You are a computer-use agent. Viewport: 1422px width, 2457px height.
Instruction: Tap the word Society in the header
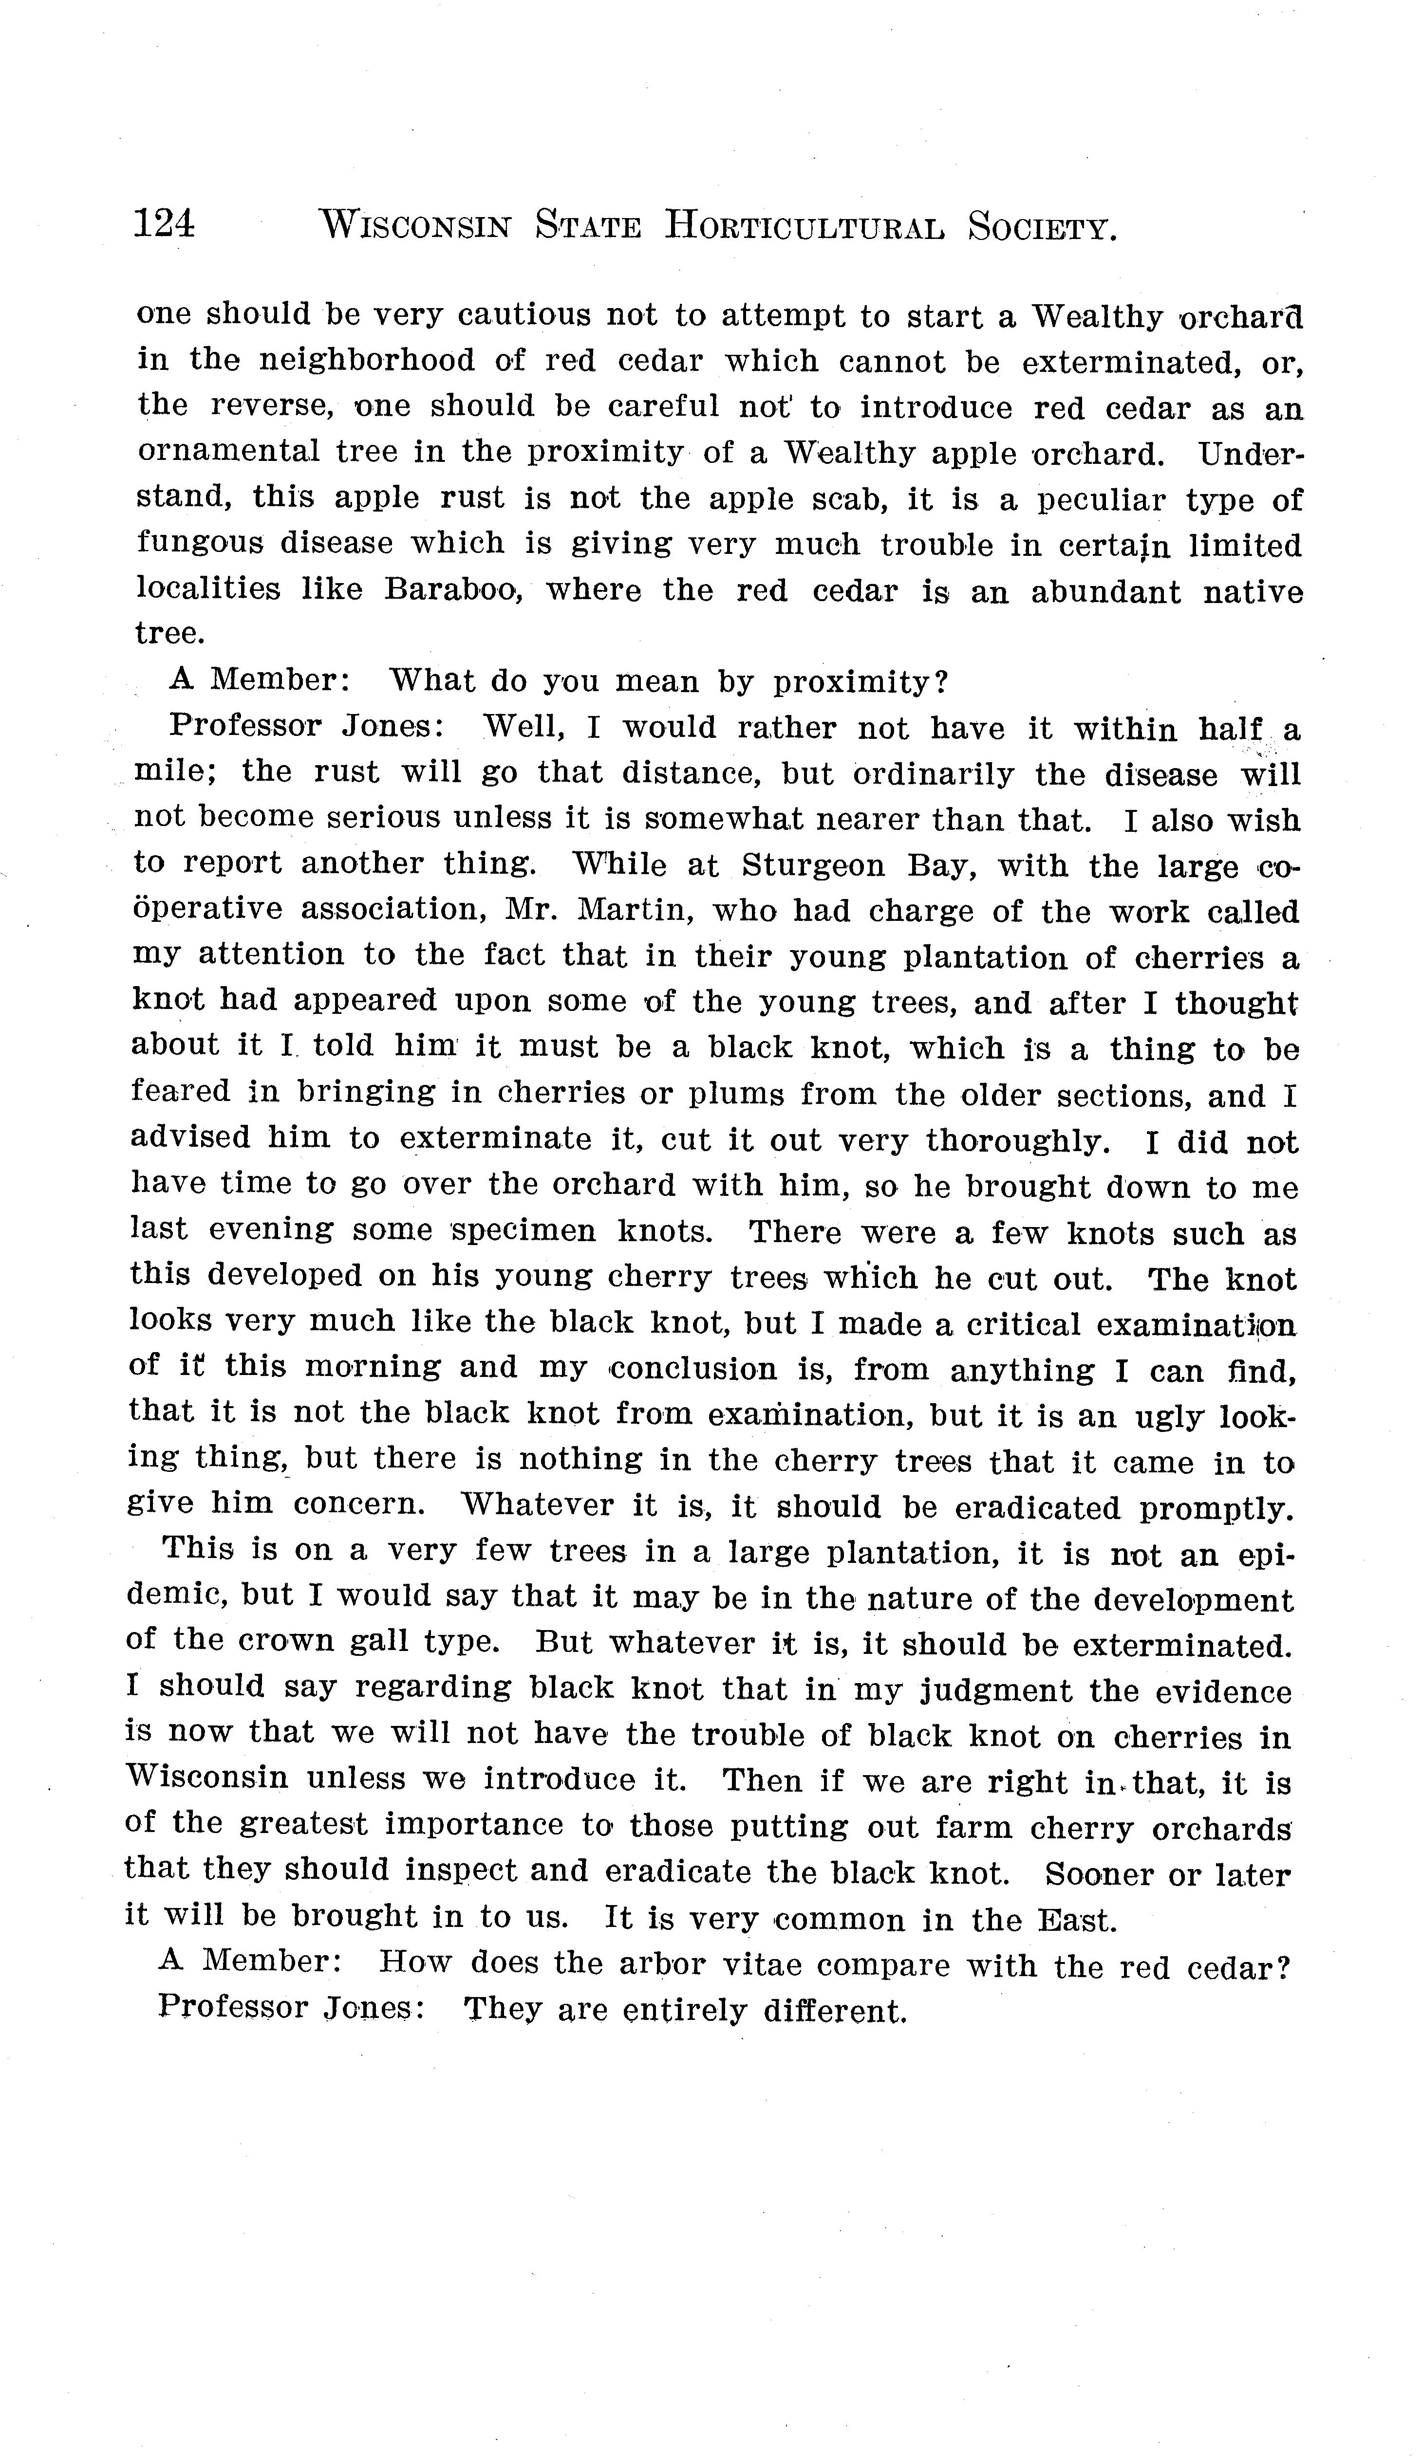[x=1042, y=228]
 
